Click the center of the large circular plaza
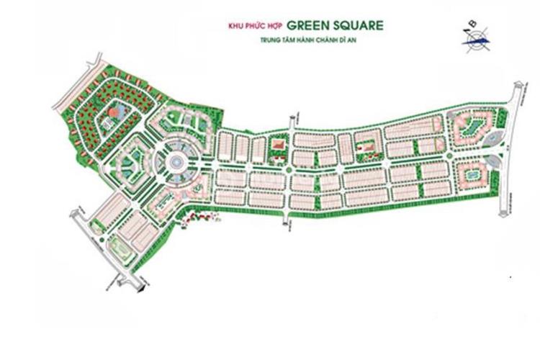click(175, 163)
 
